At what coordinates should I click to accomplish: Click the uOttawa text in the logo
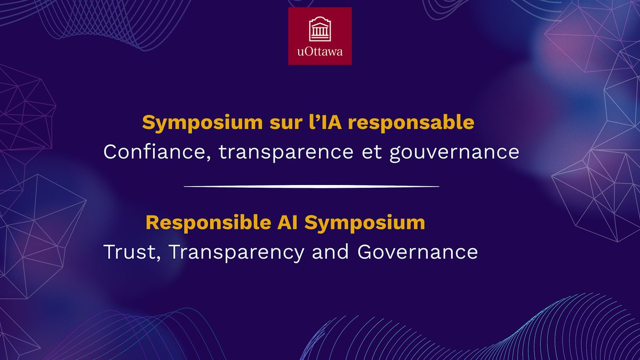(319, 52)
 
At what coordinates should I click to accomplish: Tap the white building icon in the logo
(320, 29)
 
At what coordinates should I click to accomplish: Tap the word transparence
(286, 153)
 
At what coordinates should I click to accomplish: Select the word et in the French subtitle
(372, 153)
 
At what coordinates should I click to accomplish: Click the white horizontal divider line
(311, 187)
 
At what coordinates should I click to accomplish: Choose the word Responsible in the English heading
(209, 223)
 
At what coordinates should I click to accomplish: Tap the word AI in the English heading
(287, 222)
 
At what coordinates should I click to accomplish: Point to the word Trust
(130, 252)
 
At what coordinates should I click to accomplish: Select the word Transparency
(237, 253)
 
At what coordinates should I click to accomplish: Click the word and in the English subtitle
(330, 251)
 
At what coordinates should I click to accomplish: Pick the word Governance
(418, 252)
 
